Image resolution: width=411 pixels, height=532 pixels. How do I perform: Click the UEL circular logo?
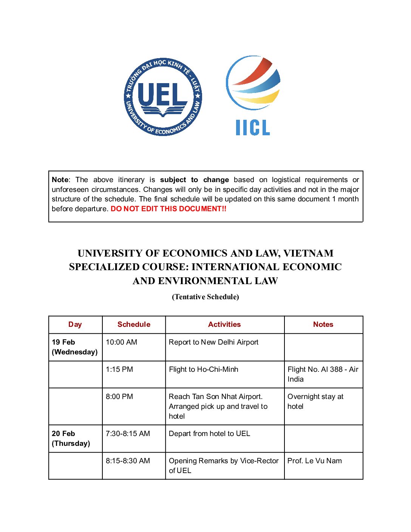click(x=163, y=97)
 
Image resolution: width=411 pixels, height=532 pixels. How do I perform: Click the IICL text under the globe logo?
click(x=253, y=128)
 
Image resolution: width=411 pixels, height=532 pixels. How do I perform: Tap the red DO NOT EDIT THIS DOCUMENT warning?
click(x=168, y=209)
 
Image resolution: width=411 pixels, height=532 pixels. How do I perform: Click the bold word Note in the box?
click(x=60, y=180)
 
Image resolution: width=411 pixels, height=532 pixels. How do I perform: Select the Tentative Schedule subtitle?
click(x=205, y=297)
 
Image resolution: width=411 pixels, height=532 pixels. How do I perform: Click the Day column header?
click(x=75, y=325)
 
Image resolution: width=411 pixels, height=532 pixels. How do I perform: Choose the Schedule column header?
click(x=134, y=325)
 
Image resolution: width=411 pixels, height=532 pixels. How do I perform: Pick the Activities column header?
click(x=224, y=325)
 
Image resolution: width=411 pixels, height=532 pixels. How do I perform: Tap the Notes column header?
click(x=323, y=325)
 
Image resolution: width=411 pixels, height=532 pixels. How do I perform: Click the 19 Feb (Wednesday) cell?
click(x=74, y=347)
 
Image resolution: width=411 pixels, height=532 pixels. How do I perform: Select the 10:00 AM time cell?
click(x=121, y=342)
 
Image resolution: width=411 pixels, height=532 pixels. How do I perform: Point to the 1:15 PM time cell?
click(x=119, y=370)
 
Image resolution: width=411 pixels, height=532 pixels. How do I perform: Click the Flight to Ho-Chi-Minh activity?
click(x=203, y=370)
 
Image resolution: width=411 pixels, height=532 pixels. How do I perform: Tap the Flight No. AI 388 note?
click(x=323, y=374)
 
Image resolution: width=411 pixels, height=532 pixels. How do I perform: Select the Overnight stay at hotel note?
click(x=315, y=401)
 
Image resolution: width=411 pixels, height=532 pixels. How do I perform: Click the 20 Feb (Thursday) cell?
click(x=71, y=438)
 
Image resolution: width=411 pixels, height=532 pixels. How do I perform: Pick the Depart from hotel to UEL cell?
click(x=209, y=434)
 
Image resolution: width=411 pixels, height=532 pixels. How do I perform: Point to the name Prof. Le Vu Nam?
click(x=314, y=461)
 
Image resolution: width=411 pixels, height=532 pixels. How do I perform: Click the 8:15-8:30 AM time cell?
click(x=128, y=461)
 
